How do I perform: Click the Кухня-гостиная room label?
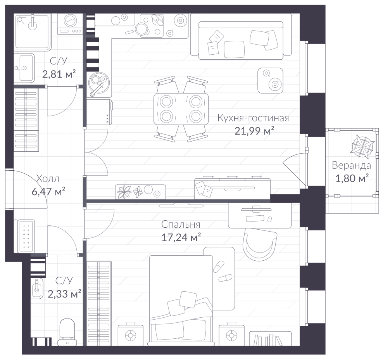(253, 118)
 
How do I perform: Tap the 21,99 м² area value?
(254, 131)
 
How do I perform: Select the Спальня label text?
(181, 224)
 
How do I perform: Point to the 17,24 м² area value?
(181, 237)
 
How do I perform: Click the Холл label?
(48, 179)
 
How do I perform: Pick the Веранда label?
(352, 166)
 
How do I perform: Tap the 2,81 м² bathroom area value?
(59, 74)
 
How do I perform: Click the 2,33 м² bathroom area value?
(64, 294)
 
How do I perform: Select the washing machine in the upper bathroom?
(70, 24)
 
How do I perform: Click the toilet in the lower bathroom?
(67, 332)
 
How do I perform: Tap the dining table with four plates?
(181, 109)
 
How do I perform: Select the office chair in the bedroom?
(260, 244)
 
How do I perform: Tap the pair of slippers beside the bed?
(222, 272)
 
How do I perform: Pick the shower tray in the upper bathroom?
(32, 31)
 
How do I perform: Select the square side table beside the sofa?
(271, 80)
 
